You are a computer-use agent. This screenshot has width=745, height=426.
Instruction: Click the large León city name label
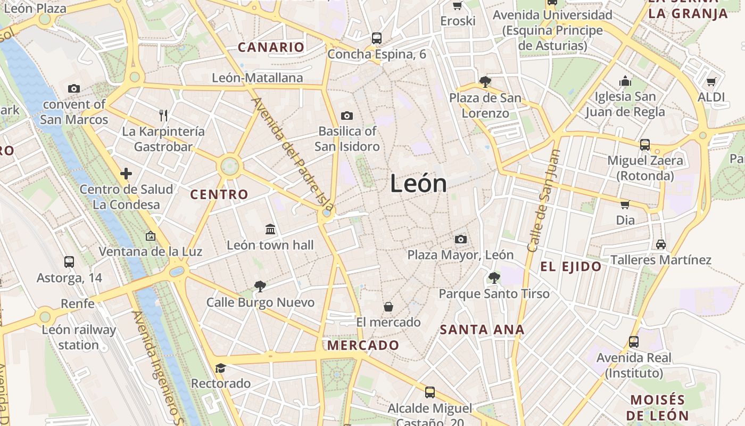(418, 184)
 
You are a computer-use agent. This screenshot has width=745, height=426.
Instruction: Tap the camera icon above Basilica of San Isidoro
(347, 116)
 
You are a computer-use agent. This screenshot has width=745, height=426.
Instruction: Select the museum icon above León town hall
(270, 229)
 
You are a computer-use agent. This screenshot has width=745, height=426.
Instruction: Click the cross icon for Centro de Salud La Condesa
(126, 174)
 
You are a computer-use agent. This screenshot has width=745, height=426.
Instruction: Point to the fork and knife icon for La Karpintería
(163, 115)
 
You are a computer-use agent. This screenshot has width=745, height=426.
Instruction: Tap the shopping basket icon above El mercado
(388, 307)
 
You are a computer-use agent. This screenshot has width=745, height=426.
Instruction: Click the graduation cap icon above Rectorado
(220, 368)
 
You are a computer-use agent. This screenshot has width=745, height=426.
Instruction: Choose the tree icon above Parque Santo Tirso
(494, 277)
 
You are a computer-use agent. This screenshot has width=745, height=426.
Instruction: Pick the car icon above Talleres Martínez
(660, 244)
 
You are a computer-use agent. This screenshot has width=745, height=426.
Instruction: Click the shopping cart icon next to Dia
(625, 204)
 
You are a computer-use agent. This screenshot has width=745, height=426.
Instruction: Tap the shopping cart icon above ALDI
(711, 81)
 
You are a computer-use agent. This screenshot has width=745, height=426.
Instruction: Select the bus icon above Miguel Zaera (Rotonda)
(645, 144)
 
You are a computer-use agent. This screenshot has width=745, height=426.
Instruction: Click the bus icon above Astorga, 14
(69, 261)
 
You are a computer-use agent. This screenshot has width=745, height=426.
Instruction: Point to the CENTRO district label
(219, 194)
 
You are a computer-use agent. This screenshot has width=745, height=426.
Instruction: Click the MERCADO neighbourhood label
(363, 345)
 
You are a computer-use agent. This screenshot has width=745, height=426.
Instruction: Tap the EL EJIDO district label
(571, 267)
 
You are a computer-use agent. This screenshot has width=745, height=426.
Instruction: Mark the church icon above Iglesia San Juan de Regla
(625, 81)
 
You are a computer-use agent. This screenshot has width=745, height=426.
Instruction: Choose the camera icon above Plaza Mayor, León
(461, 239)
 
